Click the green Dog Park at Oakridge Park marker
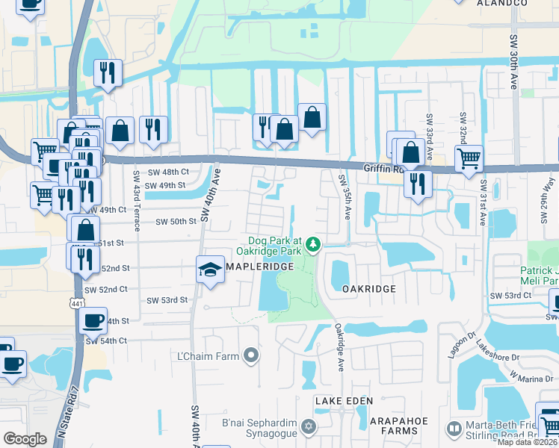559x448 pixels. [x=315, y=243]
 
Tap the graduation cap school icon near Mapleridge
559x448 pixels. [x=211, y=270]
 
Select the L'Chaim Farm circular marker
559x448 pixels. [x=251, y=355]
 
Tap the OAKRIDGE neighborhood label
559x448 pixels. [x=368, y=288]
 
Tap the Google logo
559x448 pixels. [x=25, y=439]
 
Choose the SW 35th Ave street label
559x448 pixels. [x=345, y=196]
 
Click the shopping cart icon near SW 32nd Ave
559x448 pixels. [x=469, y=158]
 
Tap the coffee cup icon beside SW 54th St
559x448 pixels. [x=93, y=321]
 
